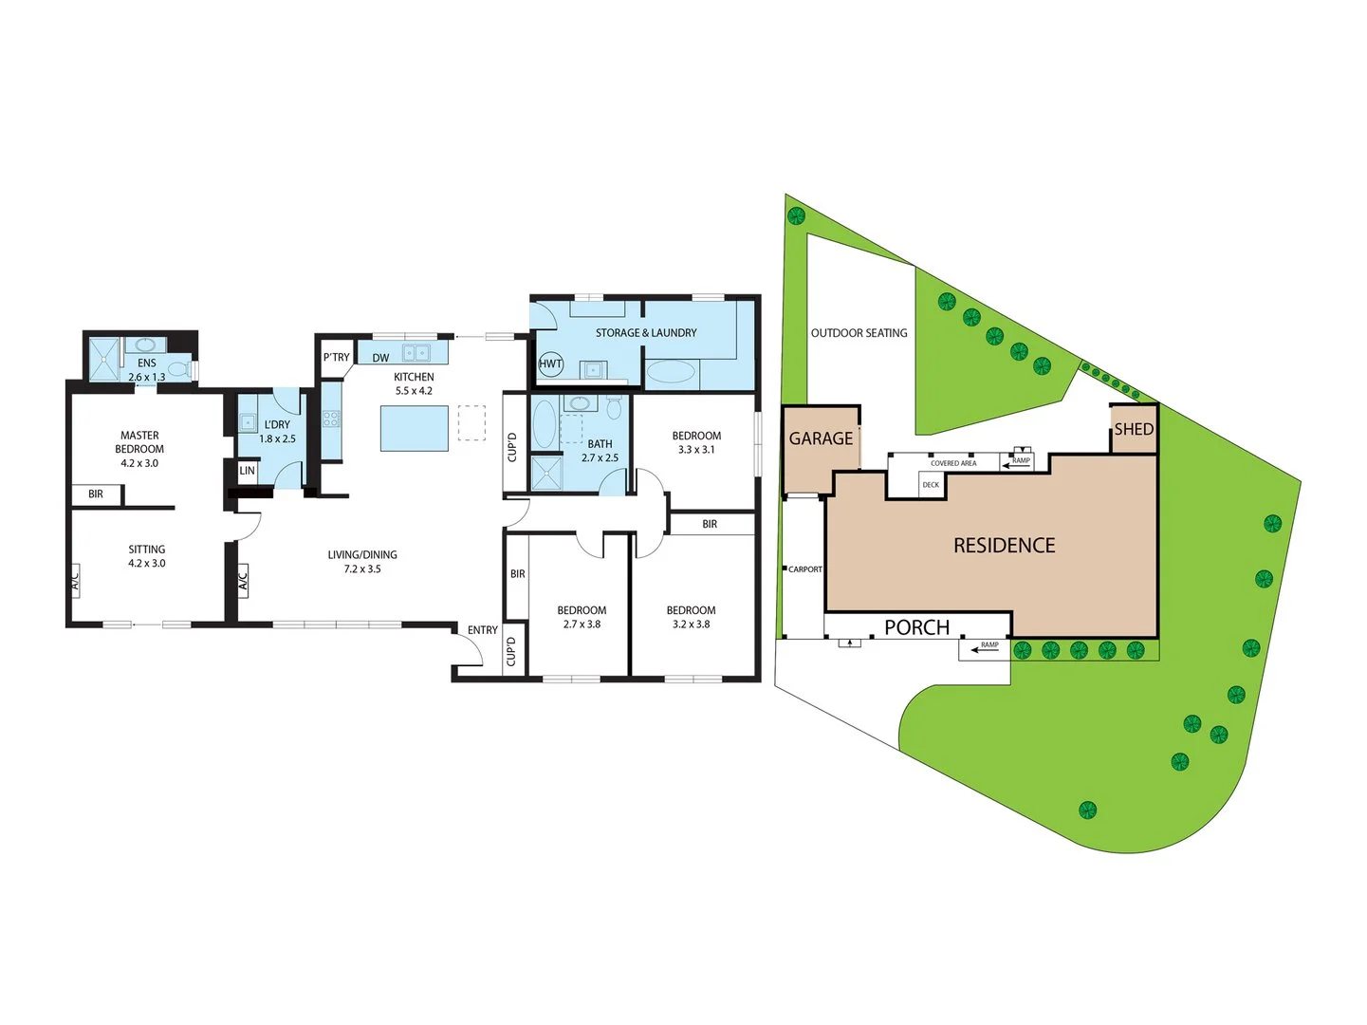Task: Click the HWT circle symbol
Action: click(x=550, y=363)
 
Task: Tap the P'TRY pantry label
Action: click(x=337, y=357)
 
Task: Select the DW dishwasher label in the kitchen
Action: click(x=380, y=358)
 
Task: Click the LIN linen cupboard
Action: click(x=248, y=471)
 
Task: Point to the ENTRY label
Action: click(x=483, y=630)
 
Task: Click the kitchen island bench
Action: click(x=415, y=428)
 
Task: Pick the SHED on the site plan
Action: click(x=1134, y=429)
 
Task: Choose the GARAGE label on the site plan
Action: click(x=821, y=438)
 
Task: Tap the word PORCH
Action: click(x=916, y=626)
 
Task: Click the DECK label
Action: click(x=931, y=485)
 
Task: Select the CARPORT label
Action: click(x=805, y=568)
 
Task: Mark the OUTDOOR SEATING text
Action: click(x=859, y=333)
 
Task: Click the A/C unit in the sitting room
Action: click(x=75, y=580)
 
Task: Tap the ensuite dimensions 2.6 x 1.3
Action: click(x=147, y=377)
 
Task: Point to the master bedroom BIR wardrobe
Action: click(x=97, y=494)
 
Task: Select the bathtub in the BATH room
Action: click(x=544, y=423)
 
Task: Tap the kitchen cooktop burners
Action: click(x=331, y=419)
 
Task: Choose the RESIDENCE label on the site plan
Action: click(x=1004, y=546)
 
